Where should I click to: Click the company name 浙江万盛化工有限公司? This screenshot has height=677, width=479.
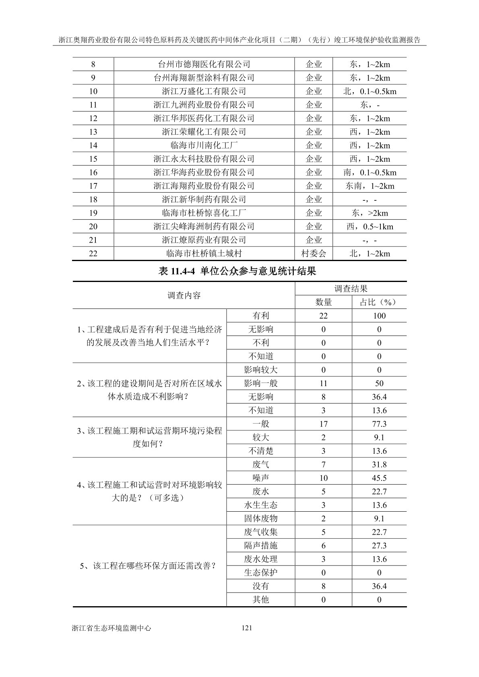[204, 91]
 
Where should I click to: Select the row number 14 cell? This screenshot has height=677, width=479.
[93, 145]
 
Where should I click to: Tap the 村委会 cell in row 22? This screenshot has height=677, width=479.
[314, 253]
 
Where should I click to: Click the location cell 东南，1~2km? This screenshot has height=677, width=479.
[370, 186]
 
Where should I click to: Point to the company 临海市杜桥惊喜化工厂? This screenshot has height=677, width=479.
[204, 213]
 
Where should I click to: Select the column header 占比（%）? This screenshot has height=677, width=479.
[379, 302]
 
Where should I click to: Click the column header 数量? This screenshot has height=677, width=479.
[323, 302]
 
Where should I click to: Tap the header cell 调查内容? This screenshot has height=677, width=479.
[184, 296]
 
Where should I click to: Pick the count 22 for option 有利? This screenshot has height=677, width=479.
[323, 316]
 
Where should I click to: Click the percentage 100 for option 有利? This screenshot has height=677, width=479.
[379, 316]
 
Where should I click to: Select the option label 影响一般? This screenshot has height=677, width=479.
[260, 383]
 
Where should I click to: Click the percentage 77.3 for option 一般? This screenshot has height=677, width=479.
[379, 424]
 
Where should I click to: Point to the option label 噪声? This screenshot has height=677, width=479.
[260, 478]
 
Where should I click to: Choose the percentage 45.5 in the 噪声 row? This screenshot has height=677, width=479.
[379, 478]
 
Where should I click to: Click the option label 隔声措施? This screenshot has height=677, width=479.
[260, 545]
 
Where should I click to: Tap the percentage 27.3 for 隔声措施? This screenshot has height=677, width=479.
[379, 545]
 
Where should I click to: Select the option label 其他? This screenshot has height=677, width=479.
[260, 599]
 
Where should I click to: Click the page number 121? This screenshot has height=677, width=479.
[246, 628]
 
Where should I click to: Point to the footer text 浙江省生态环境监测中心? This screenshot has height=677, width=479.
[111, 628]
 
